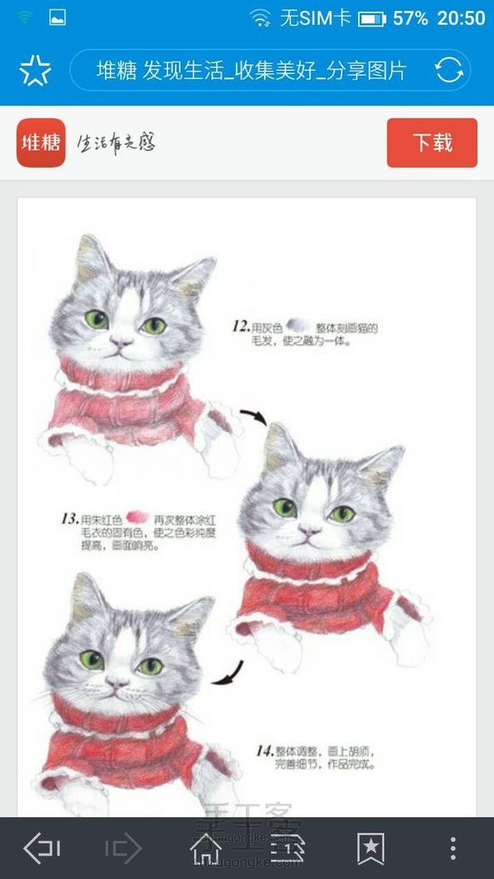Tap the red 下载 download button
(x=432, y=143)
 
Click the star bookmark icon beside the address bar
(x=35, y=72)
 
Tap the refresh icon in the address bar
(x=449, y=71)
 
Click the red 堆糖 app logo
(x=41, y=143)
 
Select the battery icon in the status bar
(x=372, y=18)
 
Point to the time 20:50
(x=461, y=18)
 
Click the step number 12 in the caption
(x=241, y=327)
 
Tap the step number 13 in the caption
(x=70, y=519)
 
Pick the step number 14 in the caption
(x=264, y=751)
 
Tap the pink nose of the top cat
(x=122, y=342)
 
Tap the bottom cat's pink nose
(x=117, y=682)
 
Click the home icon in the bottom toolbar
(x=207, y=848)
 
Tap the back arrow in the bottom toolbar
(x=42, y=848)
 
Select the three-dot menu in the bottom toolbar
(x=452, y=848)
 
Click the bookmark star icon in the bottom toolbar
(x=371, y=848)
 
